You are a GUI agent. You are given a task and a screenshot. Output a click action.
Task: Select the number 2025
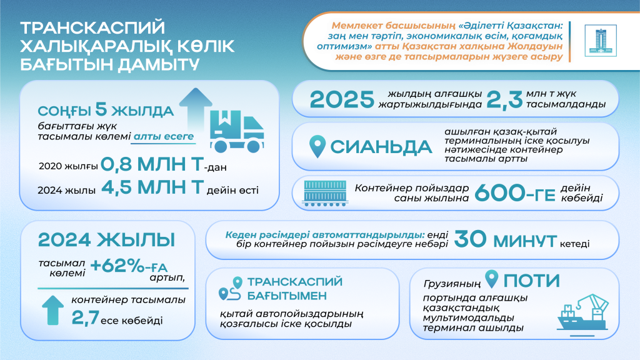click(x=342, y=100)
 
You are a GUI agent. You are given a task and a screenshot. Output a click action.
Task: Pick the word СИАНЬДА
click(x=381, y=147)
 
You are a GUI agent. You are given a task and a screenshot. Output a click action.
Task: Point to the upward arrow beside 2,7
click(x=52, y=310)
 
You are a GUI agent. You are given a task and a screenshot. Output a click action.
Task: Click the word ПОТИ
click(x=531, y=280)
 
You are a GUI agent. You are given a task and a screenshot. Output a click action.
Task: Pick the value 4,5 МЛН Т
click(x=146, y=189)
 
